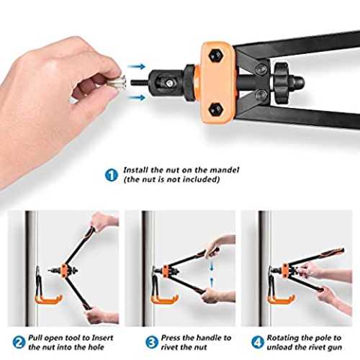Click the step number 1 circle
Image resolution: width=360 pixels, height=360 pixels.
[x=112, y=175]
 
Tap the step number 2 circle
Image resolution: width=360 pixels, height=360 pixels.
[x=19, y=343]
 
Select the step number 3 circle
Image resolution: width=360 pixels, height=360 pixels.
[x=152, y=343]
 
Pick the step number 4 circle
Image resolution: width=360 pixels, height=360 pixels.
[x=258, y=343]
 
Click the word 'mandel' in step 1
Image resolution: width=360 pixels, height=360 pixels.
[x=225, y=170]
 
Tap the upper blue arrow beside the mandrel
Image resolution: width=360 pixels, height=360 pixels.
[x=137, y=66]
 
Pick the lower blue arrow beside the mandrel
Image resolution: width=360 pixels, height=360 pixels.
[x=137, y=97]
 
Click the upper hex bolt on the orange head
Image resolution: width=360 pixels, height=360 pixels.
[x=216, y=55]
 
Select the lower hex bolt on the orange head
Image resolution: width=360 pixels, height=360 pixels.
[x=216, y=110]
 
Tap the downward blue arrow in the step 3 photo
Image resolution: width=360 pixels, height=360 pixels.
[x=211, y=266]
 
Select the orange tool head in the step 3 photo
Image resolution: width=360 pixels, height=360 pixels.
[x=166, y=271]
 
